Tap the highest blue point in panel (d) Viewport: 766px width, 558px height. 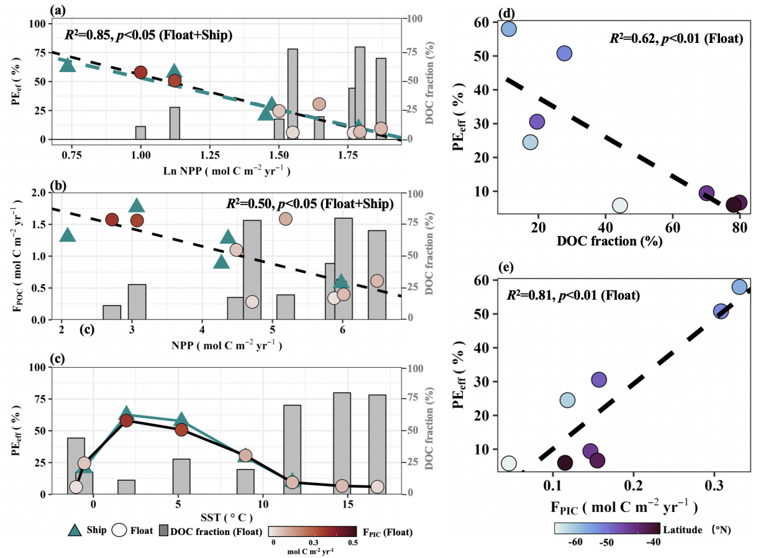(509, 29)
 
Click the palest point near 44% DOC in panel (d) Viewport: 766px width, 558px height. (619, 205)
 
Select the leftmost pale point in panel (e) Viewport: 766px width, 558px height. (509, 464)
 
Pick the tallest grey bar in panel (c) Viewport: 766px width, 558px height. (342, 443)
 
